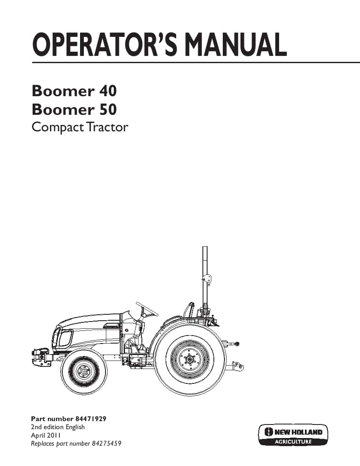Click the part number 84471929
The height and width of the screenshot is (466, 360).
91,419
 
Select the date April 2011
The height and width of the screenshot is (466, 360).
46,435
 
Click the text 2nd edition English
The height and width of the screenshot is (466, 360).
58,427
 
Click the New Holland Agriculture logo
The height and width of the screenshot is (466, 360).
293,435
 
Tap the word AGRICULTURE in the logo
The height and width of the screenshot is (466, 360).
293,441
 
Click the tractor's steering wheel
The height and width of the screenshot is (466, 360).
147,309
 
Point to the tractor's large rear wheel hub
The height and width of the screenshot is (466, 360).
188,360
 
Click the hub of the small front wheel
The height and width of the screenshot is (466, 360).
84,372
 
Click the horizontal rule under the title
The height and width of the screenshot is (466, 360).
196,62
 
